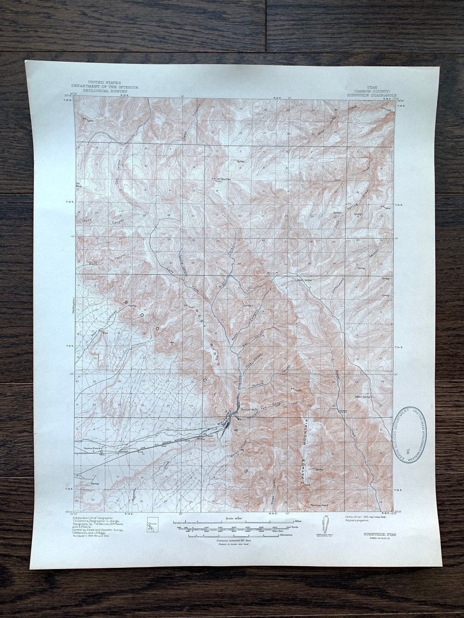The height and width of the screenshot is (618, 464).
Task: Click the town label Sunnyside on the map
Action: click(249, 409)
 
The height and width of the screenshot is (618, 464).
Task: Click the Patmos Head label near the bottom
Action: click(319, 506)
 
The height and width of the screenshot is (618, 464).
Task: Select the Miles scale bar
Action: click(232, 522)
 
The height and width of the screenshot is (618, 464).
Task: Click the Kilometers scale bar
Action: click(232, 535)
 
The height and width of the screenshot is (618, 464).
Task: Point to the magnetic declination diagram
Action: click(323, 527)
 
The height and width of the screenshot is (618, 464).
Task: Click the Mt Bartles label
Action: click(221, 179)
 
